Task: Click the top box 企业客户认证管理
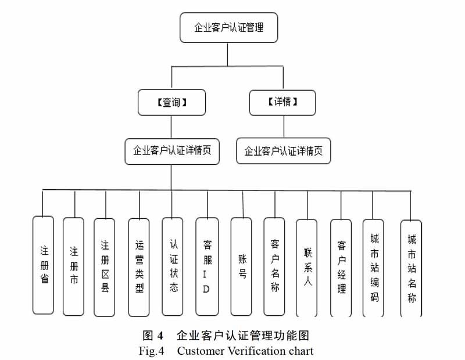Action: click(x=228, y=27)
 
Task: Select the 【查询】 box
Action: click(x=171, y=102)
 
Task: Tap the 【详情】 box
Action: click(x=282, y=102)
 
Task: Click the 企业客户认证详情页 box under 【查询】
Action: click(x=172, y=152)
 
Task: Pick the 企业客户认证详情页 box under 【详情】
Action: click(x=284, y=151)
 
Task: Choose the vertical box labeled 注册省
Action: click(x=43, y=265)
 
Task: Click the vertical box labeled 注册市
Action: click(x=74, y=267)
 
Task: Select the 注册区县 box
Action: click(x=105, y=267)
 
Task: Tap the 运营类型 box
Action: click(x=139, y=267)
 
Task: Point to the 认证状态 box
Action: click(x=173, y=267)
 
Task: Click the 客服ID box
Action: click(x=208, y=267)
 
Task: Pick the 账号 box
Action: click(x=241, y=267)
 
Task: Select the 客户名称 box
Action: click(x=274, y=267)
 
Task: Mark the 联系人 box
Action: click(x=307, y=268)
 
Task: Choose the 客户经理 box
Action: click(x=341, y=268)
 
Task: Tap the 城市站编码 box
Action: click(x=373, y=268)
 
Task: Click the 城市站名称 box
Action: click(x=411, y=268)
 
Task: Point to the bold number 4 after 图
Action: click(x=160, y=336)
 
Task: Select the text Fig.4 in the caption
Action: click(x=152, y=351)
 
